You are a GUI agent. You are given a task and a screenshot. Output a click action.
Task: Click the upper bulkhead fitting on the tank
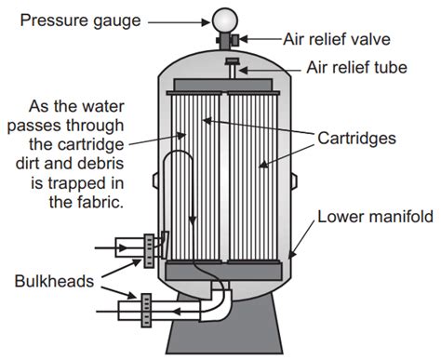tap(151, 247)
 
